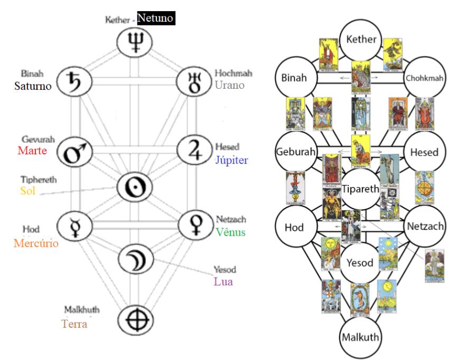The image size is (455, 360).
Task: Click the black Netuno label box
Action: click(x=155, y=19)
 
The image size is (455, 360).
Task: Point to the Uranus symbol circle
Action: click(x=192, y=82)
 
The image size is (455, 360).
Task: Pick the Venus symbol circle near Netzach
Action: click(x=192, y=225)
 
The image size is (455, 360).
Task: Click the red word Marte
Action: click(x=33, y=151)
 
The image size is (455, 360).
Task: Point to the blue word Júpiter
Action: click(x=232, y=160)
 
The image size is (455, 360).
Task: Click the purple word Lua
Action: click(x=223, y=281)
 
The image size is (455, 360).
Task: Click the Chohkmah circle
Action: click(x=424, y=79)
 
